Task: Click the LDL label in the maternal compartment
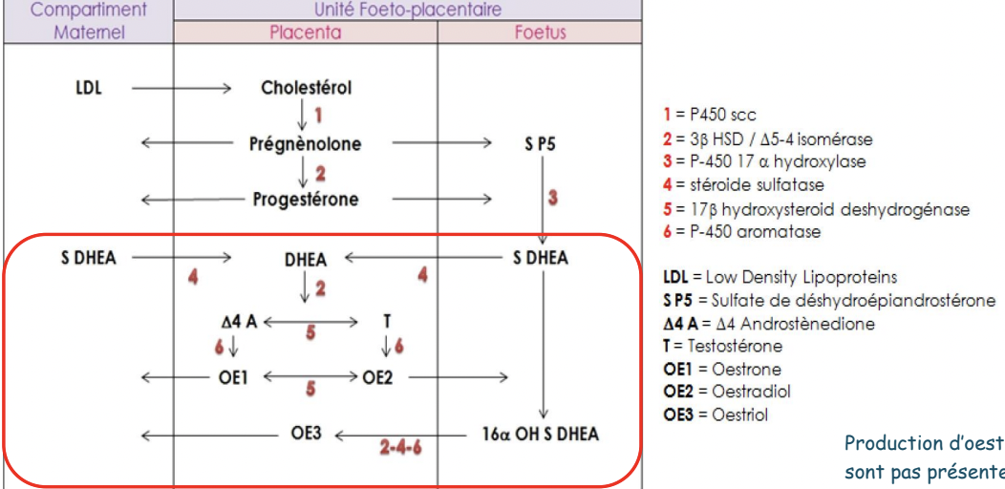(x=88, y=89)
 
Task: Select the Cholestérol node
(x=306, y=89)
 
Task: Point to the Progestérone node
(x=306, y=200)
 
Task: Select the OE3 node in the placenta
(x=306, y=435)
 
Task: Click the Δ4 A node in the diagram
(x=239, y=322)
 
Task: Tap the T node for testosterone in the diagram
(x=387, y=322)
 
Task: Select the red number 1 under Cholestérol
(x=318, y=117)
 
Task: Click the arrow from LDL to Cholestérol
(x=181, y=89)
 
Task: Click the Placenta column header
(x=306, y=32)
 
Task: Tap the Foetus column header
(x=540, y=32)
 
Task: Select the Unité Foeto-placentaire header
(x=408, y=11)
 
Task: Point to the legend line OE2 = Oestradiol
(x=727, y=392)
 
